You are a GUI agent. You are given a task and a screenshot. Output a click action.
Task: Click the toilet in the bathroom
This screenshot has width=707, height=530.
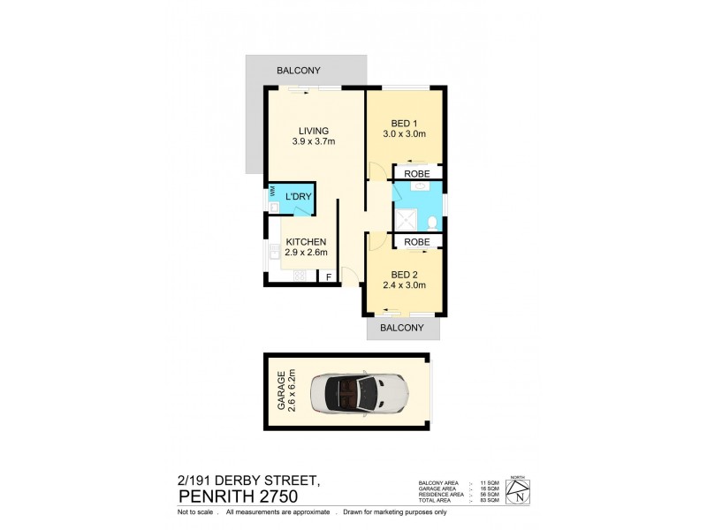(431, 222)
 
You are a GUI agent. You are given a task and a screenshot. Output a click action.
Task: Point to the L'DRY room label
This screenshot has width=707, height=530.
(297, 198)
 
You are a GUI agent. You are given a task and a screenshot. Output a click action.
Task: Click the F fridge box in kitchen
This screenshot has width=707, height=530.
(329, 277)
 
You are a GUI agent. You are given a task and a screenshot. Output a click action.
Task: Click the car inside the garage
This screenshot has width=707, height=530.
(363, 392)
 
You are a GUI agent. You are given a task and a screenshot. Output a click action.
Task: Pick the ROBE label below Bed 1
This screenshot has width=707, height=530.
(417, 175)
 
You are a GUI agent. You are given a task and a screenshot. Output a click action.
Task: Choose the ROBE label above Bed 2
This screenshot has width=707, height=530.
(417, 241)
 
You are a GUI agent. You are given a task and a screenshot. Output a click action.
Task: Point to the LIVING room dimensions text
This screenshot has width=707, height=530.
(314, 140)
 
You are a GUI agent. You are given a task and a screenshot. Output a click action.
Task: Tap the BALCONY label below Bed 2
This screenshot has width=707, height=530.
(403, 328)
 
